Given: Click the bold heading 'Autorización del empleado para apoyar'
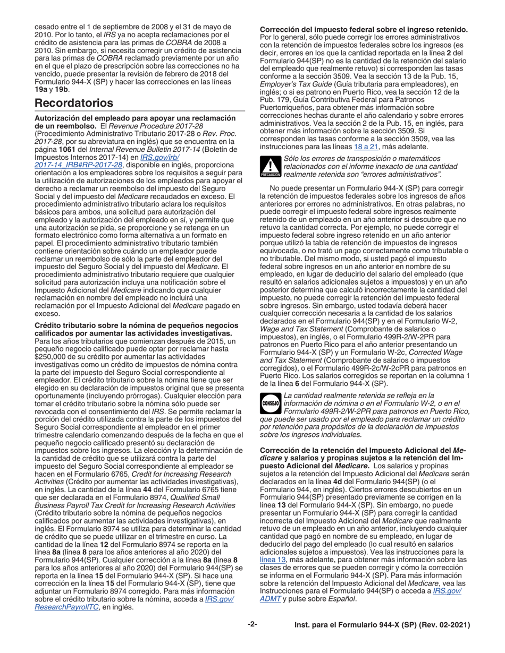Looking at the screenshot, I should tap(127, 117).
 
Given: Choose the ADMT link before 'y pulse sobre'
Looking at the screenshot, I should tap(269, 599).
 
